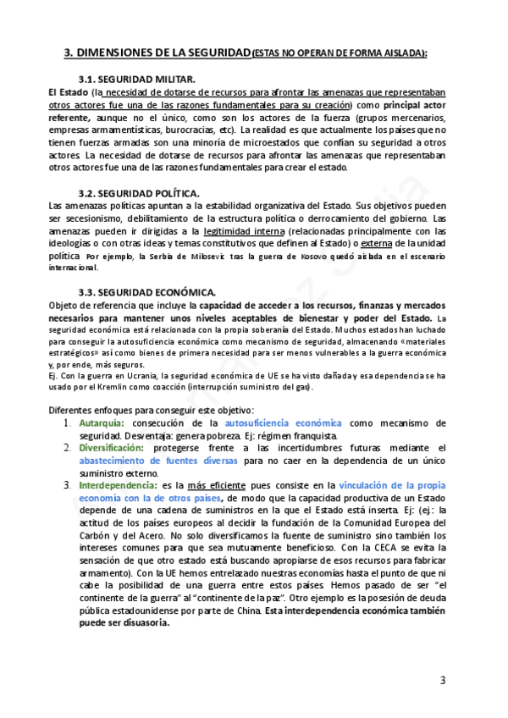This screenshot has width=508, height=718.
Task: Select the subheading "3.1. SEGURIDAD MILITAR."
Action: tap(136, 78)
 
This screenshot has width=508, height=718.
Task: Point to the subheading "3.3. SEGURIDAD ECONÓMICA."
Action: tap(146, 292)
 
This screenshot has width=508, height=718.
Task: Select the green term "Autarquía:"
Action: tap(101, 423)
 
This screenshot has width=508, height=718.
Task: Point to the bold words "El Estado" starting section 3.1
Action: tap(69, 91)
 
